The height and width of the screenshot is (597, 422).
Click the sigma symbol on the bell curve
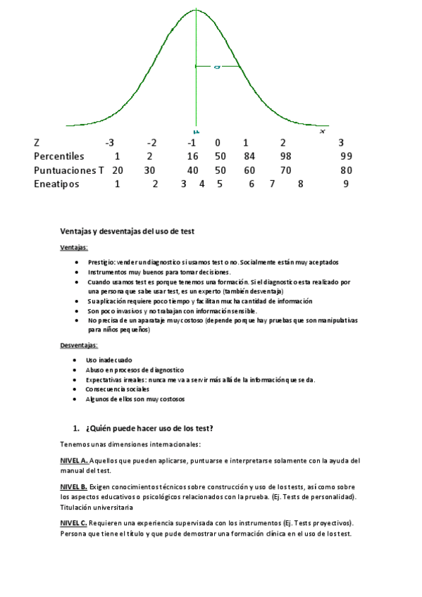(218, 67)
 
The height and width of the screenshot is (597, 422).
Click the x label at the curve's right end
(322, 131)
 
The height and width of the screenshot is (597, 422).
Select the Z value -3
(109, 142)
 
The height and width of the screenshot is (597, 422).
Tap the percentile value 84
(249, 156)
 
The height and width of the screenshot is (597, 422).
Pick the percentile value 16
(192, 156)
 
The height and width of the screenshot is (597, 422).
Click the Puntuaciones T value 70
(285, 170)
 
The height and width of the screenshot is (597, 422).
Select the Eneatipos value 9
(346, 184)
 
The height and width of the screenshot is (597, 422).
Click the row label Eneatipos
(56, 184)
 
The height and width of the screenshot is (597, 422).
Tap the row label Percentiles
(59, 156)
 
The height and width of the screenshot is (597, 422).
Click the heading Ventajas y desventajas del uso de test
(128, 231)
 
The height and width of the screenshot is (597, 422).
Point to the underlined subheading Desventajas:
(79, 346)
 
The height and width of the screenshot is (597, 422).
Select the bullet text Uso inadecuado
(108, 360)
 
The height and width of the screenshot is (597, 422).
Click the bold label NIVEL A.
(74, 461)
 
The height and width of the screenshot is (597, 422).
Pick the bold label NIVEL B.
(74, 487)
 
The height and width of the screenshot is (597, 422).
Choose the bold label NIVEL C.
(74, 523)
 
